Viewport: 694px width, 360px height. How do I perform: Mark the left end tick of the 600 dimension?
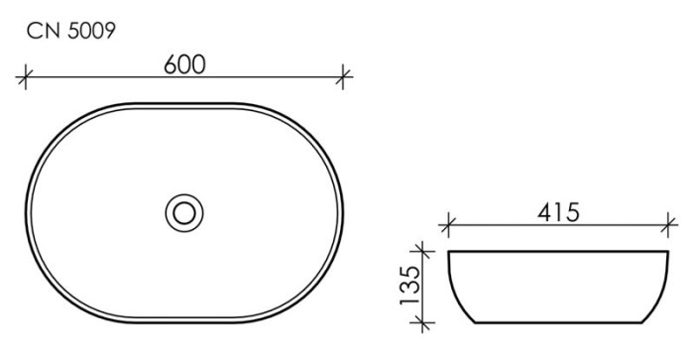click(27, 75)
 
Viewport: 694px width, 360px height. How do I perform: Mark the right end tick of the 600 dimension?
click(344, 75)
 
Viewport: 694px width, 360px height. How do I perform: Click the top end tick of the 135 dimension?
click(423, 251)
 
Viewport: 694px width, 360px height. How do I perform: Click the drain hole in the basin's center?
click(184, 210)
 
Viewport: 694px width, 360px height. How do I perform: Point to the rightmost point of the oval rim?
click(346, 210)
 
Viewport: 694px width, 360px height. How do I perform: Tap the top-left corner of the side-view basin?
click(449, 253)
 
